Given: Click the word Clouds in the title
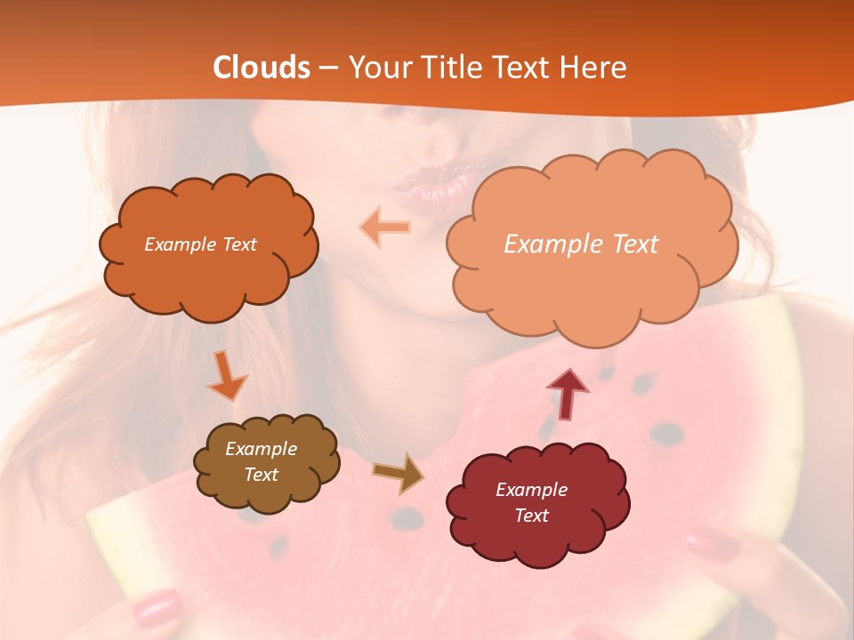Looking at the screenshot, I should [x=262, y=68].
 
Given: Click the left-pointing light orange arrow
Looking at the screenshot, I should [x=385, y=228].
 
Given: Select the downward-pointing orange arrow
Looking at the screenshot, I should [x=227, y=375].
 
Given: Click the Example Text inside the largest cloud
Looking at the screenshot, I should [x=581, y=244].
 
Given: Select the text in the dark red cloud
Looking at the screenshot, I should [x=531, y=502].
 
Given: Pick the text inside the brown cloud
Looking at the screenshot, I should [x=261, y=461].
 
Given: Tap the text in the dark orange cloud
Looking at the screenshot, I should [x=200, y=244].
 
